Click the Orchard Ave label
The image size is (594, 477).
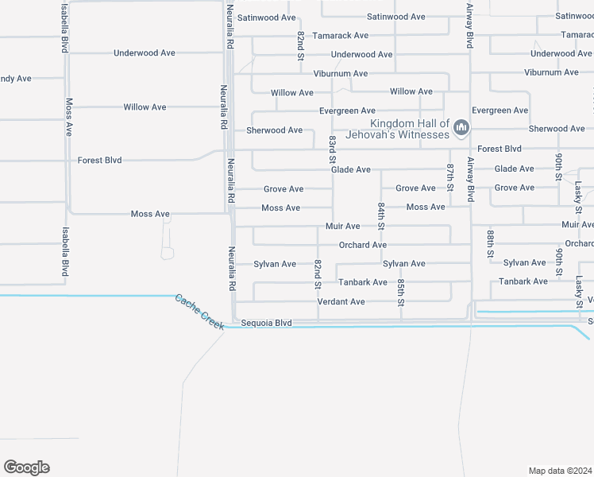(362, 245)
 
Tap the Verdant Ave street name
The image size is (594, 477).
(341, 302)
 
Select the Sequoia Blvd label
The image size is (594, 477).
(266, 324)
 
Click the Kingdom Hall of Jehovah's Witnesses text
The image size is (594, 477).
(410, 129)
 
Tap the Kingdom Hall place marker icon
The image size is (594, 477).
(461, 128)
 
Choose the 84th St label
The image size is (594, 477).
(381, 215)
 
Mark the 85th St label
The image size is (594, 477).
(402, 292)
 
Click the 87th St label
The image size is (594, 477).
(449, 178)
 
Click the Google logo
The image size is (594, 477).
(26, 467)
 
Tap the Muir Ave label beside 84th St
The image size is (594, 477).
(342, 227)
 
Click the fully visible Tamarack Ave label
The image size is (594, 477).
(340, 36)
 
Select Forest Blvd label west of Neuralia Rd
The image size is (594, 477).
(99, 161)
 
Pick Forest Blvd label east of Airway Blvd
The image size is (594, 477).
(499, 149)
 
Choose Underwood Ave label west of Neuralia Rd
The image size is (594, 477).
(144, 53)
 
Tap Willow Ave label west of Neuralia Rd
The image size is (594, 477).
(145, 107)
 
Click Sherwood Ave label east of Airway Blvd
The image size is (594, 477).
(557, 129)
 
